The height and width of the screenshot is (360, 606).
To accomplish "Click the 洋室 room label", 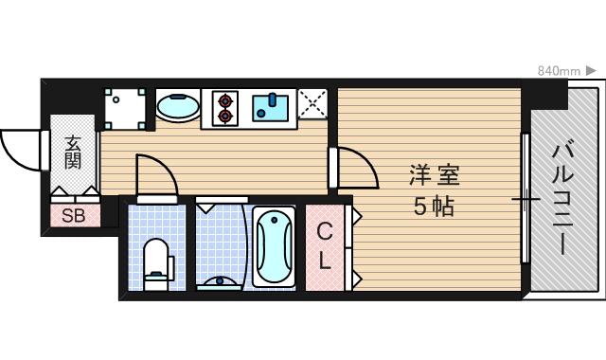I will click(434, 175).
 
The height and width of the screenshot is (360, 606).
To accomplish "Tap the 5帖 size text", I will click(433, 206).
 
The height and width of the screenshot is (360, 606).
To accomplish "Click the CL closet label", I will click(325, 245).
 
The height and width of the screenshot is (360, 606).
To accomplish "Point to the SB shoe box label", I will click(74, 216).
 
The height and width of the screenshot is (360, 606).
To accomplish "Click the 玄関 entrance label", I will click(73, 153).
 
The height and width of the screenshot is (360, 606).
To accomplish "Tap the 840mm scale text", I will click(559, 71).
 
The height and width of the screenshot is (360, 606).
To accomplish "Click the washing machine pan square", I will click(126, 109).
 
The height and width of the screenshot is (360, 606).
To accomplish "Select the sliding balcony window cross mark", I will click(526, 200).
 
